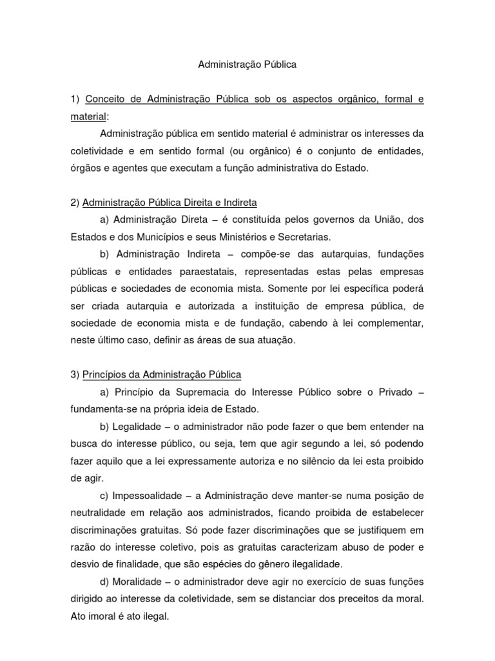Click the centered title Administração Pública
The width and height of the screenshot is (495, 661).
[x=247, y=65]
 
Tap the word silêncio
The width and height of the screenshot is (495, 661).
[x=316, y=461]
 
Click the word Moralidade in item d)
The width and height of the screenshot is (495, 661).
[x=139, y=581]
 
